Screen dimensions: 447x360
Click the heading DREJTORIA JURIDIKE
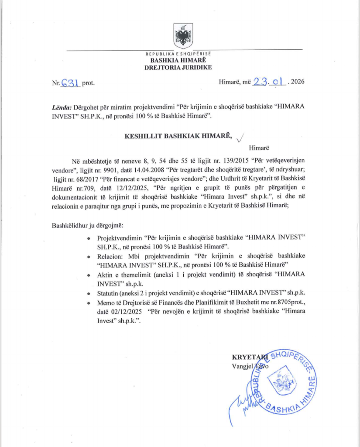tap(178, 67)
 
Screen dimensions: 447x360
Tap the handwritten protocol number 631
tap(70, 81)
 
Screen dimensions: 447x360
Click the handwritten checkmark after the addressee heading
tap(240, 138)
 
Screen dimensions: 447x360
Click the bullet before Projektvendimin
tap(89, 239)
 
